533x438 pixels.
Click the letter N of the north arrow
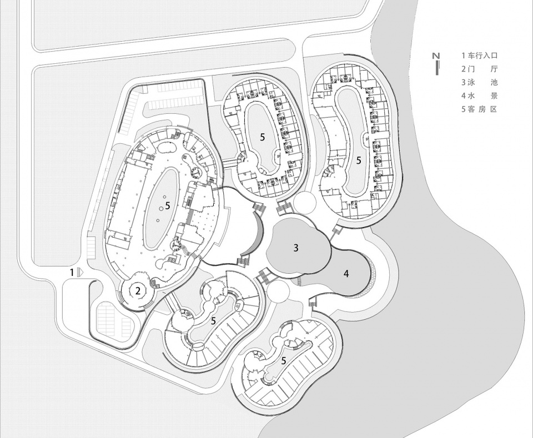[437, 56]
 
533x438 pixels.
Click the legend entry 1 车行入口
[479, 56]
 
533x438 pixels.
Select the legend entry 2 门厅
[479, 69]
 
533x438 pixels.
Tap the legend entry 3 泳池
[479, 83]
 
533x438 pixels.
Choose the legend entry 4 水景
[479, 96]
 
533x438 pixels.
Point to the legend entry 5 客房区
[479, 109]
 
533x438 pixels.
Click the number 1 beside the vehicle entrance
[72, 272]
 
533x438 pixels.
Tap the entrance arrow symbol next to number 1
[79, 272]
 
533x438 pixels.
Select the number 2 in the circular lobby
[138, 291]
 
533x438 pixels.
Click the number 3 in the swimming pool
[296, 248]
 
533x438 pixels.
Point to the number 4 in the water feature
[346, 274]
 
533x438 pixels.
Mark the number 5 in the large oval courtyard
[167, 205]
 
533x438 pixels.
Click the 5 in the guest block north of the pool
[262, 137]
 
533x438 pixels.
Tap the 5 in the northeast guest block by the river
[359, 160]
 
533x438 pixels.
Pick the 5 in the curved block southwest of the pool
[213, 321]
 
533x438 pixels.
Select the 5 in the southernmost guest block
[284, 360]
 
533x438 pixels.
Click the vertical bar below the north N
[437, 67]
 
